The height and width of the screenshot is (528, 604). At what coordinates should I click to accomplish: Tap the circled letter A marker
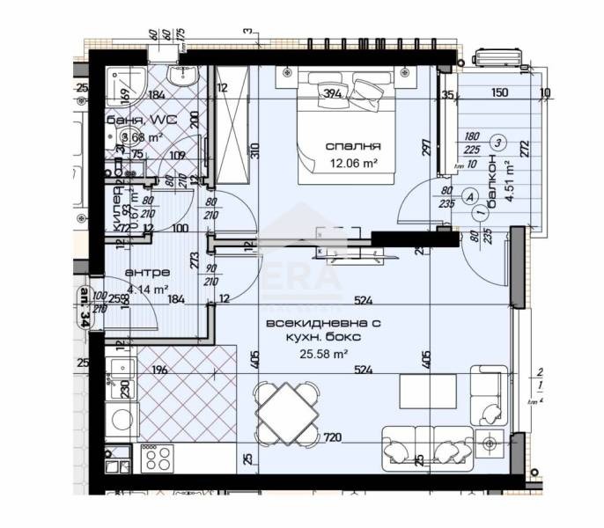[x=469, y=196]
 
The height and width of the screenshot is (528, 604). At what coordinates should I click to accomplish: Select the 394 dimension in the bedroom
[x=332, y=94]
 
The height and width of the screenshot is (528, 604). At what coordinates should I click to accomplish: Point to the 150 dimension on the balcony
[x=499, y=93]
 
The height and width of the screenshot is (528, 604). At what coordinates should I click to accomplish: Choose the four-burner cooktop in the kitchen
[x=157, y=458]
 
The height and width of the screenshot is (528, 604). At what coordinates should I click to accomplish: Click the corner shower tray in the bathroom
[x=123, y=89]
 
